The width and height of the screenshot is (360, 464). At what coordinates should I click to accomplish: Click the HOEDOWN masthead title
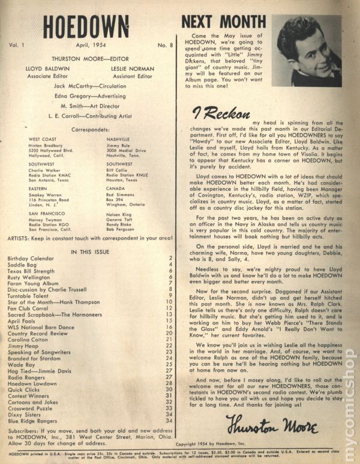[x=86, y=28]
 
